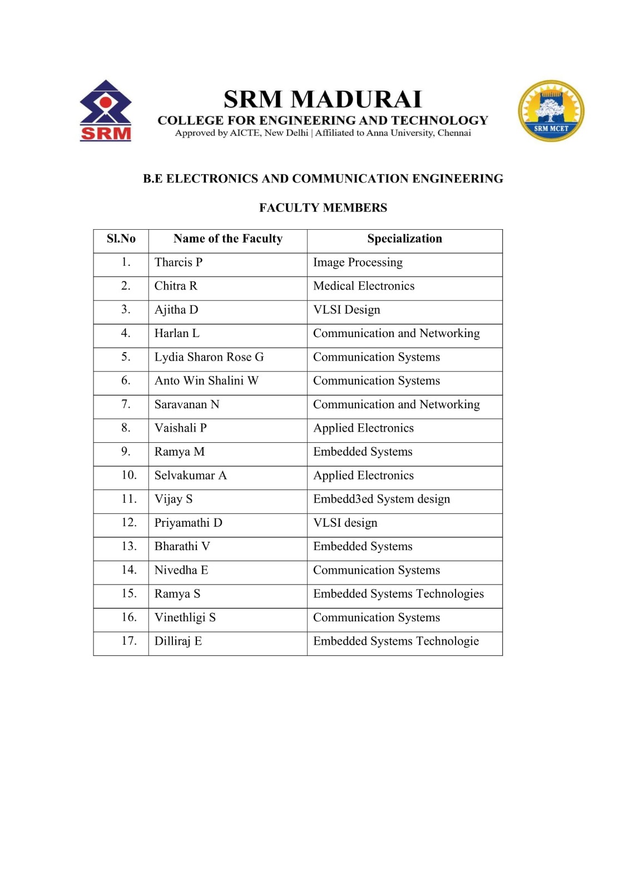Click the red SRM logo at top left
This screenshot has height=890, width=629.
[x=106, y=111]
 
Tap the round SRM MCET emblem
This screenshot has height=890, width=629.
[x=551, y=111]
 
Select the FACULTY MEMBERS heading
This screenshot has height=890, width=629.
[x=323, y=207]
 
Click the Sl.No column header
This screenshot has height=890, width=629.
[x=121, y=239]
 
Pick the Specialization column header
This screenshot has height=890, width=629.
[x=404, y=239]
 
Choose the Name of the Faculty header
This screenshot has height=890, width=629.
[x=227, y=239]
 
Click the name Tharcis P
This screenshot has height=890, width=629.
[x=178, y=263]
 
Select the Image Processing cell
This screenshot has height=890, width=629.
[x=358, y=263]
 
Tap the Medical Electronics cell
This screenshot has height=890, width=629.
[x=364, y=286]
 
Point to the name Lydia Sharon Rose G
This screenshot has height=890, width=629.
[x=209, y=357]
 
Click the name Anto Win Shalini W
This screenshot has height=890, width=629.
[x=206, y=381]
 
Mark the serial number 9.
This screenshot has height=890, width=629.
[x=126, y=451]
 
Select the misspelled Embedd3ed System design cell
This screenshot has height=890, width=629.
[x=382, y=499]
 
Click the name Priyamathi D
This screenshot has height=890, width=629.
[x=188, y=523]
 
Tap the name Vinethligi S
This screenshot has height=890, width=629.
[x=185, y=617]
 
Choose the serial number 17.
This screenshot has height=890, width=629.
[x=128, y=641]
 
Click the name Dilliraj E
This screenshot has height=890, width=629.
[x=178, y=641]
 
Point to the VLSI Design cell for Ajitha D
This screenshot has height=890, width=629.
[x=346, y=310]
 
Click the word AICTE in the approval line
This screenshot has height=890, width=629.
[x=245, y=133]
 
